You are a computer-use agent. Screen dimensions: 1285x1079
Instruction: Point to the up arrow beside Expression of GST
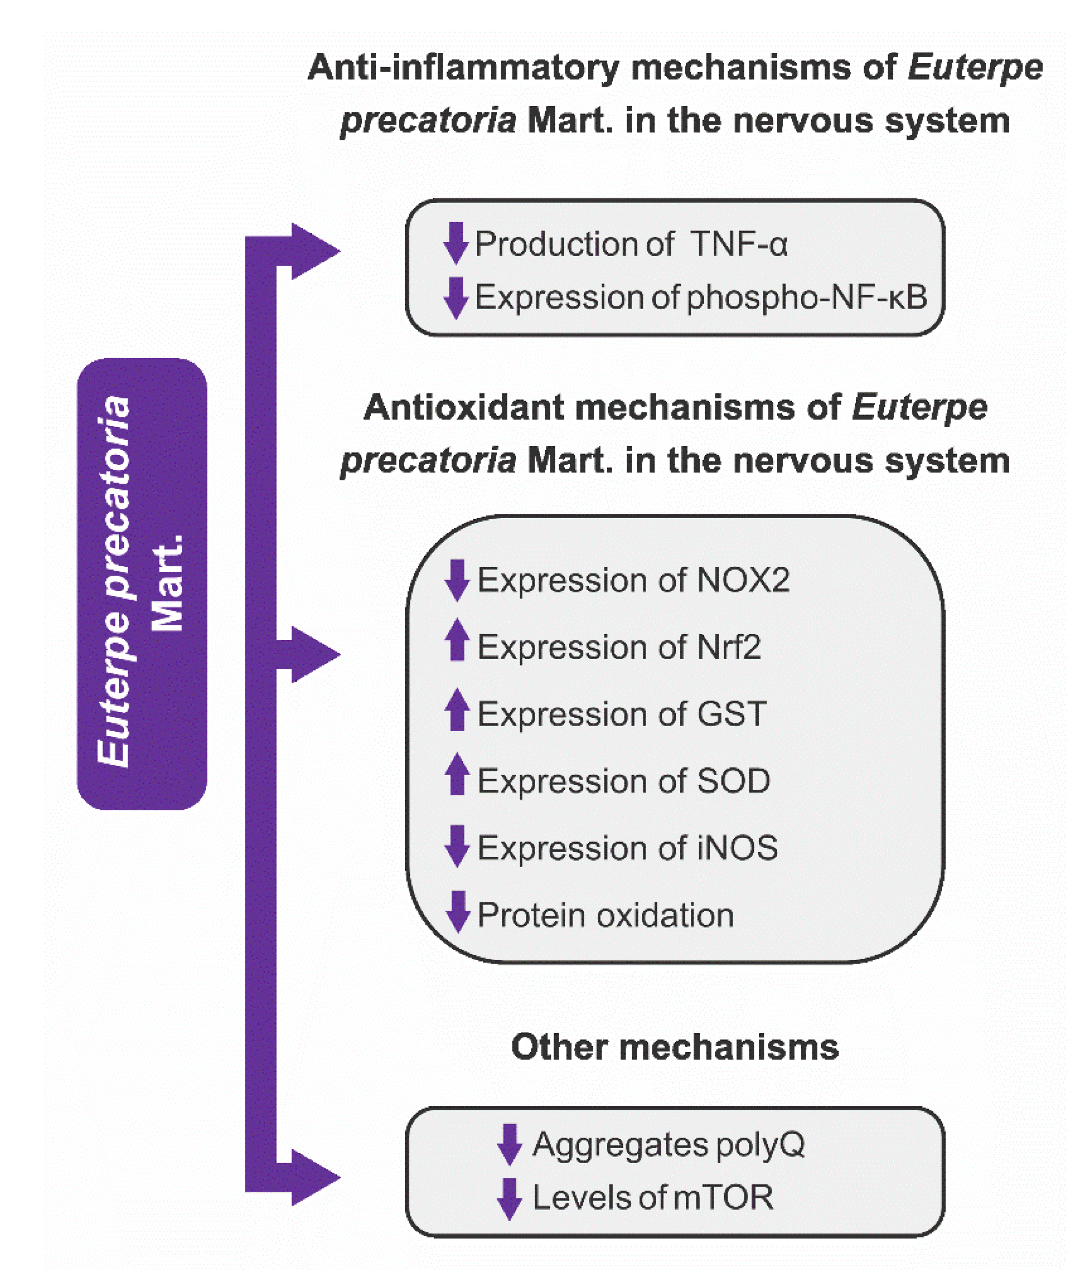[x=457, y=710]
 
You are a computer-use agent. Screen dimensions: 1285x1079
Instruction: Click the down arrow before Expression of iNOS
[x=457, y=846]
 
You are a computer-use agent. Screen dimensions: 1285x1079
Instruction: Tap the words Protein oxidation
[x=605, y=915]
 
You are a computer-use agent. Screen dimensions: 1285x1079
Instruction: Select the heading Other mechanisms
[x=675, y=1046]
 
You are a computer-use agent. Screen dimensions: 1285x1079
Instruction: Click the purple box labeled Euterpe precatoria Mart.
[x=142, y=584]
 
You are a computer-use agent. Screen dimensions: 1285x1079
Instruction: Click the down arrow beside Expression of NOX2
[x=457, y=580]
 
